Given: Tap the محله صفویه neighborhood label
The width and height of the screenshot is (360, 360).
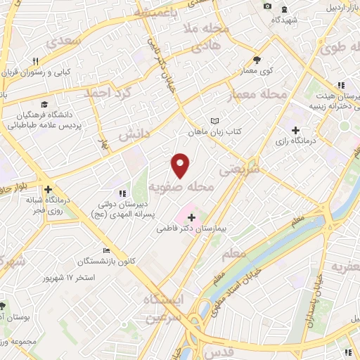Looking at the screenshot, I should tap(181, 186).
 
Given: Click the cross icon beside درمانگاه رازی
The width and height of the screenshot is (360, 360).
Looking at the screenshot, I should tap(295, 131).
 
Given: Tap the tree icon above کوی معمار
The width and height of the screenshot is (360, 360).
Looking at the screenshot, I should tap(257, 60).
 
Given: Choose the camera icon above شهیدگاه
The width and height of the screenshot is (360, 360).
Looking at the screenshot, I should tap(267, 6).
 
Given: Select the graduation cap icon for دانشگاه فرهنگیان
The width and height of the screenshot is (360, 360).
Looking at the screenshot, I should tap(45, 103).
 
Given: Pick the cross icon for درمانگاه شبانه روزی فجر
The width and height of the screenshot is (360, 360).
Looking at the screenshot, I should tap(48, 190).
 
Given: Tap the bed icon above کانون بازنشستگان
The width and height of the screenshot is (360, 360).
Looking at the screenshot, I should tap(107, 251).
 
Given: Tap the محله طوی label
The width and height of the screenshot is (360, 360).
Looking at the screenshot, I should tap(339, 49).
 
